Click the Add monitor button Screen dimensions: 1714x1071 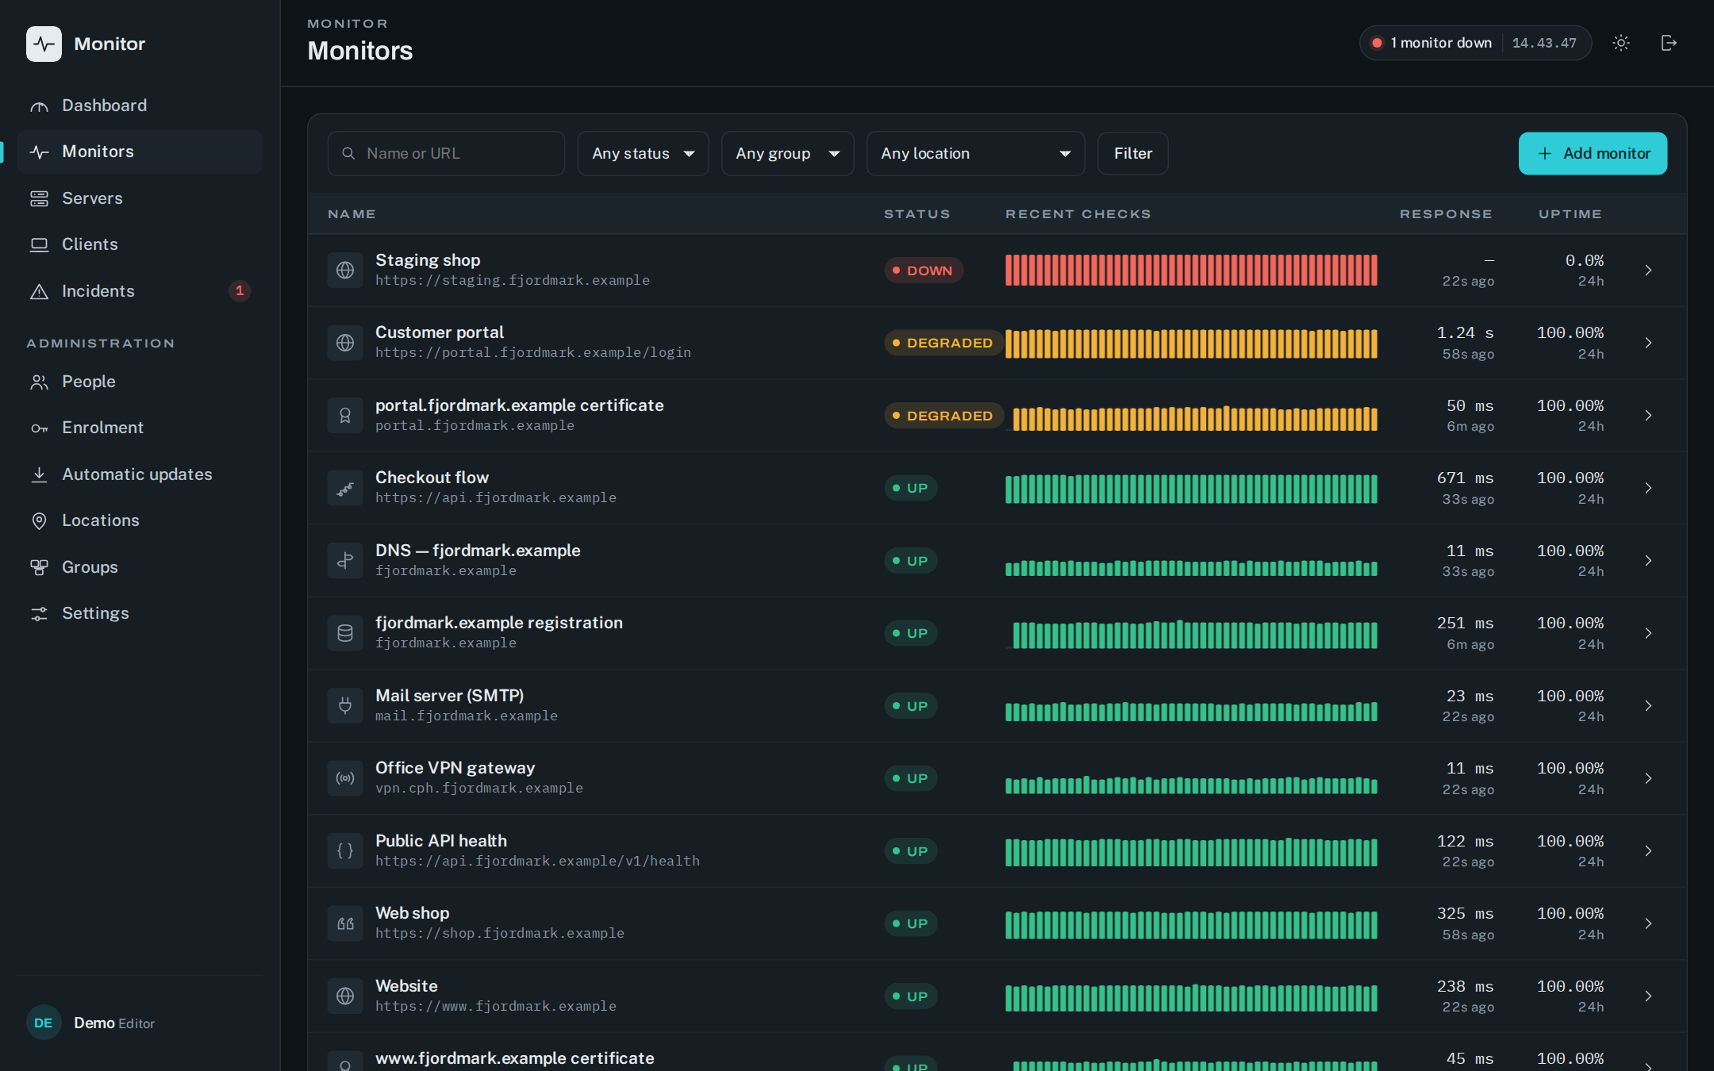1593,153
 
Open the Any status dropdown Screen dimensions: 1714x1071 643,153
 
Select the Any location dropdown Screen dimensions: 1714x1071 975,153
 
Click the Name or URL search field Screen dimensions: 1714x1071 446,153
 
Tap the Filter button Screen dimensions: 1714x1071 1132,153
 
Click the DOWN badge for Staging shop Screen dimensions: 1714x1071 924,271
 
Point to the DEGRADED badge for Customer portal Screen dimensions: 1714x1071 943,343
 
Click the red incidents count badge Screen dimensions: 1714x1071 240,291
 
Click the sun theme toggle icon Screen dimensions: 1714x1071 1621,43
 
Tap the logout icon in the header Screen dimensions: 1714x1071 1669,43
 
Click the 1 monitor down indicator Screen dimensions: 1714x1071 1432,43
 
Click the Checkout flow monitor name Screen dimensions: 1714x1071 432,478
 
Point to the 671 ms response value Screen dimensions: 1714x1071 1465,478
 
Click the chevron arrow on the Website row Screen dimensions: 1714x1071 1648,996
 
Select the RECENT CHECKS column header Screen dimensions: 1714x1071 1078,214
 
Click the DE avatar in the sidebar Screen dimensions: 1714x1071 44,1023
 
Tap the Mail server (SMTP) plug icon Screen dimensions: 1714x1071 345,705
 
